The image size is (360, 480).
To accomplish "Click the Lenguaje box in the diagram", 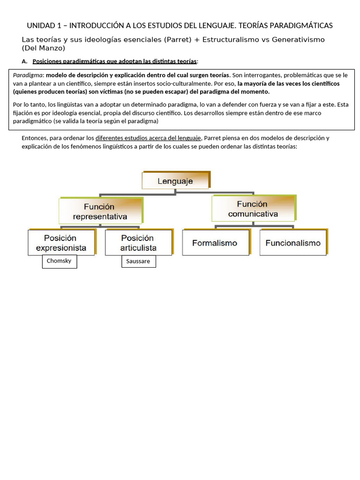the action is pos(175,181).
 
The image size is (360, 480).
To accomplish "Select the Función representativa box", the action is pos(100,211).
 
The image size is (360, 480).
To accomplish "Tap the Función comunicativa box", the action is pos(253,209).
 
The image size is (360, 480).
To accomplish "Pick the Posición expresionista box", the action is pos(61,243).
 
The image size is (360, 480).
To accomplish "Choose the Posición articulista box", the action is pos(138,243).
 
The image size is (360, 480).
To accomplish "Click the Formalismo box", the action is pos(215,243).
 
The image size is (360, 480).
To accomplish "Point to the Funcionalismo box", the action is pos(292,243).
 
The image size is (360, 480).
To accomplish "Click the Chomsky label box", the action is pos(59,261).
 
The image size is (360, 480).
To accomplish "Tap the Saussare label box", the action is pos(138,261).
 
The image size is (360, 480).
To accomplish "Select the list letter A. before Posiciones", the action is pos(25,61).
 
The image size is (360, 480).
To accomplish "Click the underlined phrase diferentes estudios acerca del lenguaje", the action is pos(149,138).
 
